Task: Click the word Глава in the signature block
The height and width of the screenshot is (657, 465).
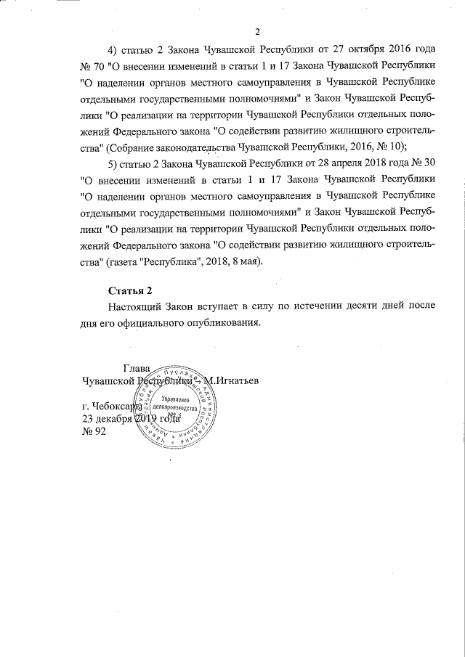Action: pos(137,368)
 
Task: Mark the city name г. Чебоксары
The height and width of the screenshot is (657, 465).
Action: pos(113,407)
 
